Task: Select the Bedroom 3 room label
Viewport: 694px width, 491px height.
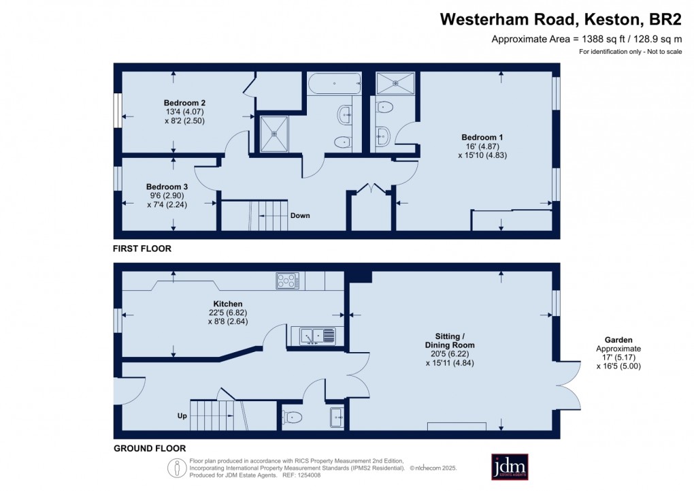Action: tap(167, 186)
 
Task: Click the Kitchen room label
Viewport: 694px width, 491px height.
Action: tap(228, 304)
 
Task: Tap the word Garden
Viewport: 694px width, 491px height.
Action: tap(618, 339)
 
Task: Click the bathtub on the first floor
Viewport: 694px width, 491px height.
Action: tap(333, 84)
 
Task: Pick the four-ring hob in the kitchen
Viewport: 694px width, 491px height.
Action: tap(288, 280)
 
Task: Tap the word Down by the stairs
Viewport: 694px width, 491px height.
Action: tap(300, 216)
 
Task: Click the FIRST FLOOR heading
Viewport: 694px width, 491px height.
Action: tap(142, 249)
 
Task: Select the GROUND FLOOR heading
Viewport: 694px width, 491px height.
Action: tap(150, 449)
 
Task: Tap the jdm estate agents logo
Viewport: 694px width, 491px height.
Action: tap(510, 466)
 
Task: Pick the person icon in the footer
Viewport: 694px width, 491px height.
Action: tap(177, 468)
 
